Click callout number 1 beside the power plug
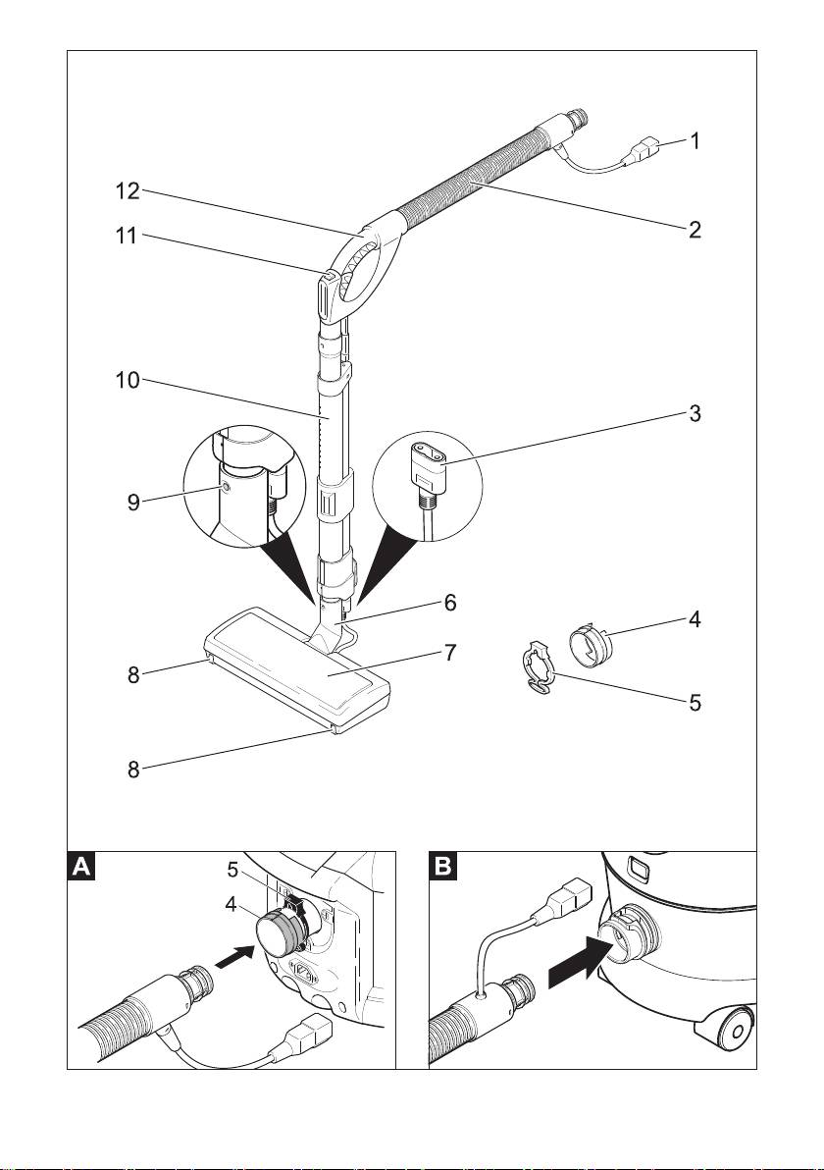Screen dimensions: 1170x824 click(x=695, y=140)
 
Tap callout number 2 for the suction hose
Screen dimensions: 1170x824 click(x=695, y=232)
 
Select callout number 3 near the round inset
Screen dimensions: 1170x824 click(x=695, y=413)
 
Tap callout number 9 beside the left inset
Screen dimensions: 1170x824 click(x=133, y=502)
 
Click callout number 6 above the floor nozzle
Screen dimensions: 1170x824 click(x=450, y=603)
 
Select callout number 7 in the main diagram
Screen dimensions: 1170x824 click(x=450, y=653)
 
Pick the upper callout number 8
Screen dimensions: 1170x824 click(x=132, y=675)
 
